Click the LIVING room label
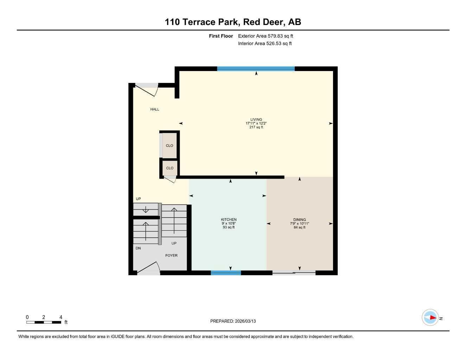256,120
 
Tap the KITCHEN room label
229,220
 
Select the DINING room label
299,220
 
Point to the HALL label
155,109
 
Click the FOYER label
171,256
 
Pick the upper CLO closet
170,146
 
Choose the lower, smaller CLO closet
170,168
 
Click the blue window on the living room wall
256,69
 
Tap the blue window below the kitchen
226,272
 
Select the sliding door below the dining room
294,272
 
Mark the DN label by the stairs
138,248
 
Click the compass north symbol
430,317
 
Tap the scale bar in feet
44,322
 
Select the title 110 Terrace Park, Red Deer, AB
233,22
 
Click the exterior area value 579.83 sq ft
266,36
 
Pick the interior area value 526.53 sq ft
265,44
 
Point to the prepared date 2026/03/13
233,321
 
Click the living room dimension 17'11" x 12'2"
256,123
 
